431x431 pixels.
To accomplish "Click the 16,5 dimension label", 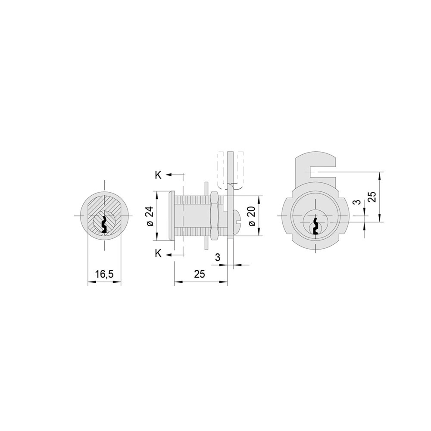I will pyautogui.click(x=104, y=274).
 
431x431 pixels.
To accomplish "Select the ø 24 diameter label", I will pyautogui.click(x=150, y=216).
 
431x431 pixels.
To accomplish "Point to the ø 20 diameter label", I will pyautogui.click(x=252, y=216).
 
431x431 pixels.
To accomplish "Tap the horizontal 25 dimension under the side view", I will pyautogui.click(x=199, y=274).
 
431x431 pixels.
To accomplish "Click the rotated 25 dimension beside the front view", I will pyautogui.click(x=373, y=197).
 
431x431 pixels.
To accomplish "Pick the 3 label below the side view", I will pyautogui.click(x=218, y=257).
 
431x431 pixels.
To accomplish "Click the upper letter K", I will pyautogui.click(x=158, y=175).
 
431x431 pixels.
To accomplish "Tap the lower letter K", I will pyautogui.click(x=158, y=254).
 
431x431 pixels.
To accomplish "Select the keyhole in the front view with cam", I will pyautogui.click(x=316, y=226).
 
